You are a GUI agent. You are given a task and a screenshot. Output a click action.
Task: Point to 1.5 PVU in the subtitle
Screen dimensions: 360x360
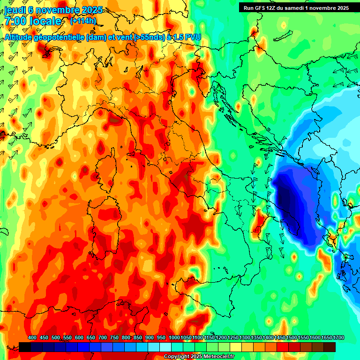click(186, 38)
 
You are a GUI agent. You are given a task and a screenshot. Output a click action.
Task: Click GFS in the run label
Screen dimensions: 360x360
click(261, 8)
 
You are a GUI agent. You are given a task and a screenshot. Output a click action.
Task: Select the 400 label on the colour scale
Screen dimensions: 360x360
click(32, 338)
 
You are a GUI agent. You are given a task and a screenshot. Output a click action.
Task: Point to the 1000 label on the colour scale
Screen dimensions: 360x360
click(174, 338)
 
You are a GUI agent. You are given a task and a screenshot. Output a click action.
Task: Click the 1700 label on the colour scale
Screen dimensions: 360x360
click(327, 338)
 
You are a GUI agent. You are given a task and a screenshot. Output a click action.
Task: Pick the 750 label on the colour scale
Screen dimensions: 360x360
click(114, 338)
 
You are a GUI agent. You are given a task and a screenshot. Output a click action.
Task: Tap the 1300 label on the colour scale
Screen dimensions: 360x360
click(245, 338)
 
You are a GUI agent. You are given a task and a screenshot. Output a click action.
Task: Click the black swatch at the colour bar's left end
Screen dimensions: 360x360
click(25, 347)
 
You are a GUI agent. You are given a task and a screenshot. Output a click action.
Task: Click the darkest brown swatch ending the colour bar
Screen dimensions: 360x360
click(330, 347)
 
